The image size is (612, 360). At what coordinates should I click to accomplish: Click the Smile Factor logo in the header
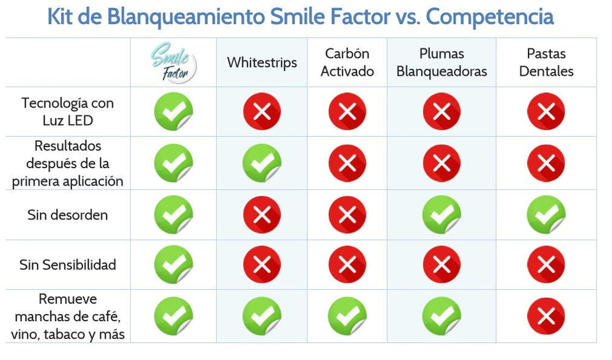(173, 62)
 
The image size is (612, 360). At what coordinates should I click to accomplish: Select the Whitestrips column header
(262, 62)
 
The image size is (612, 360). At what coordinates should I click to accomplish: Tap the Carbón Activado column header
(347, 62)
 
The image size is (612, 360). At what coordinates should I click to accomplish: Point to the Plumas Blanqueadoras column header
(441, 62)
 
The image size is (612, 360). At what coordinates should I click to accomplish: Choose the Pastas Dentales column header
(546, 62)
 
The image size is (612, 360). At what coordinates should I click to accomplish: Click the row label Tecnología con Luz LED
(67, 111)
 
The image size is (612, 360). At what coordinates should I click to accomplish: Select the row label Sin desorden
(67, 215)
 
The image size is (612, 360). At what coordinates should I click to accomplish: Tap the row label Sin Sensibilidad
(67, 264)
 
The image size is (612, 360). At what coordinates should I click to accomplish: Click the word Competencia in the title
(490, 17)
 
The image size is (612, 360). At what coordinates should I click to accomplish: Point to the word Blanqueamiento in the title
(171, 17)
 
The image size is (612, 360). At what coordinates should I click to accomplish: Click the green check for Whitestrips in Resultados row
(261, 163)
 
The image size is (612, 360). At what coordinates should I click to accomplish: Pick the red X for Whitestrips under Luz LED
(262, 112)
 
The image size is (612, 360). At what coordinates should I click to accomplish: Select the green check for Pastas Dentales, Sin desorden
(546, 215)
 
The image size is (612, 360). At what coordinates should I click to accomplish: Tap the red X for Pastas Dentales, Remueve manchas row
(546, 317)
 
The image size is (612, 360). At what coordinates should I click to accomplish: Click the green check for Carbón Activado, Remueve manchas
(347, 317)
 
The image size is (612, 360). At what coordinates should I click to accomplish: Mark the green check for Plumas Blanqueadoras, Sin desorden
(441, 215)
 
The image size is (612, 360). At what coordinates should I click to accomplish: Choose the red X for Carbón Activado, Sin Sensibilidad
(347, 265)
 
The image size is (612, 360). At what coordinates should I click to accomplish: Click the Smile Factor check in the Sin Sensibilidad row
(173, 265)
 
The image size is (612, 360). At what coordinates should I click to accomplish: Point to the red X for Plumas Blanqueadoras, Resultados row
(442, 163)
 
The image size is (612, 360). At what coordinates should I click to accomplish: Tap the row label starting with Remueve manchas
(67, 317)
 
